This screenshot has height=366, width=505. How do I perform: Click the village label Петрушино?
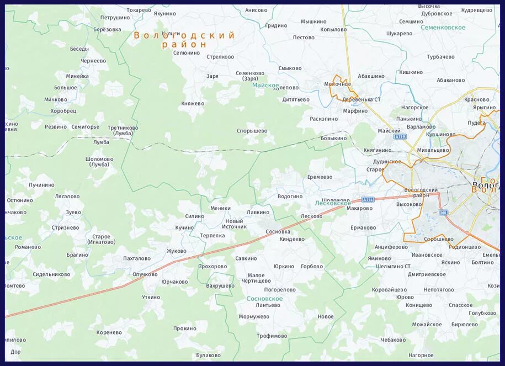(x=115, y=18)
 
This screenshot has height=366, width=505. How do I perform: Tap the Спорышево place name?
(x=252, y=131)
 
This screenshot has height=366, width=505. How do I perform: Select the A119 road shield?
(x=400, y=136)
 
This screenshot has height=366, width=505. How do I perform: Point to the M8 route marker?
(x=443, y=212)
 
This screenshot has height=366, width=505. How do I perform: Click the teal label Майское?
(x=263, y=86)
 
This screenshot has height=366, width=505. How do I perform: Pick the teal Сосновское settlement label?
(x=264, y=299)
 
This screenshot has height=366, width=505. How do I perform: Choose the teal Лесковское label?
(x=332, y=203)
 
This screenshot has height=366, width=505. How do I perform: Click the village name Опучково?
(x=146, y=274)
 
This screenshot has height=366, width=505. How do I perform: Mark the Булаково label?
(x=208, y=355)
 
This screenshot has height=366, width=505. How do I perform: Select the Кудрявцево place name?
(x=476, y=10)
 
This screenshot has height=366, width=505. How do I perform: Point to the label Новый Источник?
(x=234, y=224)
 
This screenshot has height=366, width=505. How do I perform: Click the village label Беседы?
(x=79, y=49)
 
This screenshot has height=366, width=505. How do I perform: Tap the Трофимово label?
(x=272, y=336)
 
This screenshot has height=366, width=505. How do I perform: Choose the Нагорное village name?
(x=421, y=355)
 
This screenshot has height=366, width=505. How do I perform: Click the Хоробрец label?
(x=63, y=110)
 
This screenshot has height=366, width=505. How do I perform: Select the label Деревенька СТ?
(x=362, y=99)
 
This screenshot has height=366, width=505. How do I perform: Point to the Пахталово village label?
(x=137, y=258)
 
